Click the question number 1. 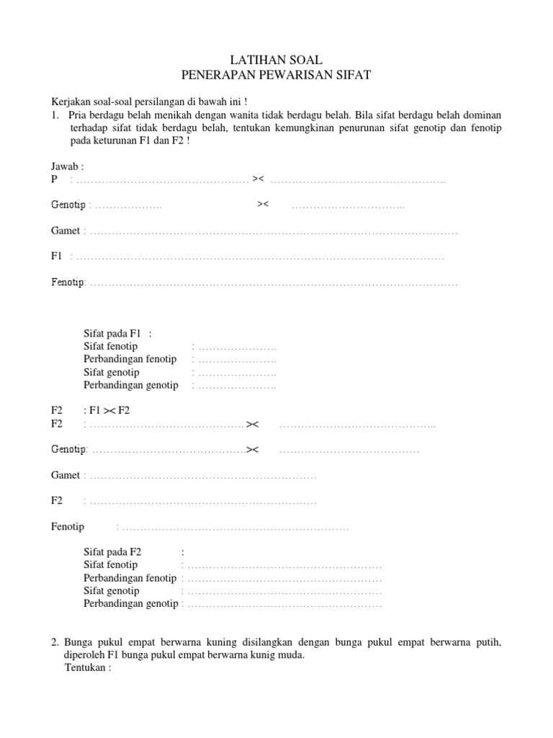pos(55,115)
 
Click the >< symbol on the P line pos(258,179)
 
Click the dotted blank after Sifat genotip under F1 pos(237,373)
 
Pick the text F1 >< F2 pos(109,411)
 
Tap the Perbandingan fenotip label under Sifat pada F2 pos(130,578)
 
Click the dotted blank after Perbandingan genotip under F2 pos(284,605)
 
